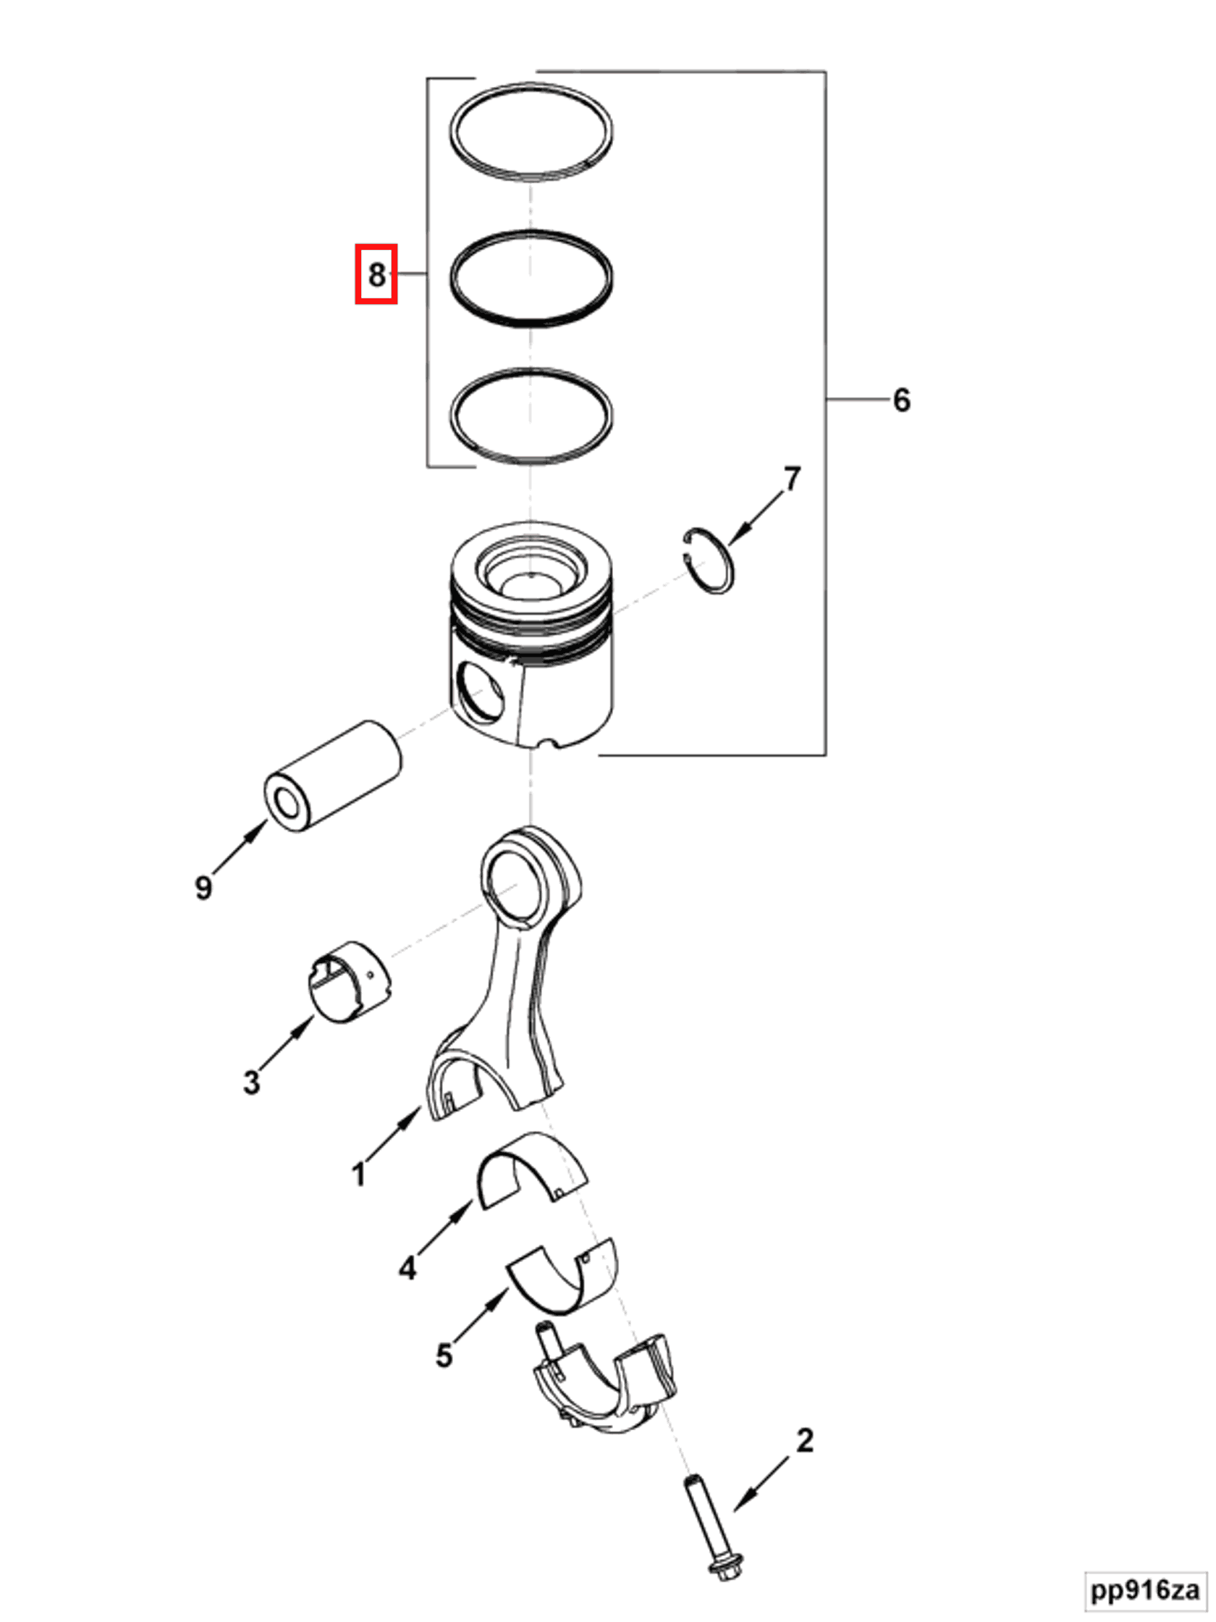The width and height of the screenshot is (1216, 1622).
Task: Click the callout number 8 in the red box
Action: click(376, 274)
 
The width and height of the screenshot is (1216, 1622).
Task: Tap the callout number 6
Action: click(902, 400)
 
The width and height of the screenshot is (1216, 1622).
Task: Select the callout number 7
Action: click(792, 479)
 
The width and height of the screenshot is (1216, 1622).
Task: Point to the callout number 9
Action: click(203, 887)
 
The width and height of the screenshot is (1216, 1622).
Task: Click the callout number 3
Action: click(251, 1083)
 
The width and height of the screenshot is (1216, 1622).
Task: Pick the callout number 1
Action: click(358, 1175)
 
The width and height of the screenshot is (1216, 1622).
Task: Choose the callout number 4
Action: click(407, 1268)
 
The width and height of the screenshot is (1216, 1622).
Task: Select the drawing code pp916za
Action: click(1146, 1590)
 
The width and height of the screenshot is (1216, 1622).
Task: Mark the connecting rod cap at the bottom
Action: click(604, 1386)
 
